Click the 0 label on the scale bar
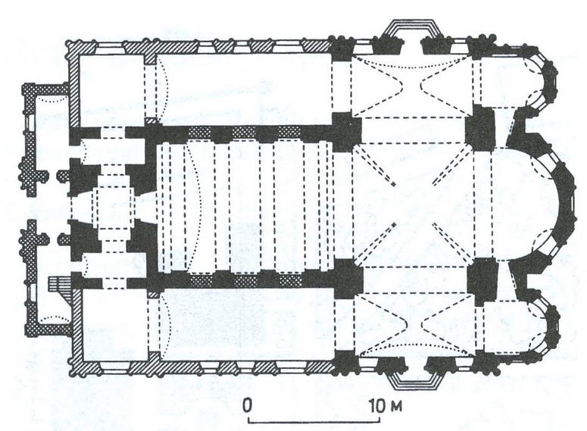pyautogui.click(x=247, y=406)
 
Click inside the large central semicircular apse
pyautogui.click(x=524, y=202)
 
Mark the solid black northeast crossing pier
pyautogui.click(x=480, y=126)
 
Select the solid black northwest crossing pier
pyautogui.click(x=347, y=131)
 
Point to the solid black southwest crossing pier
pyautogui.click(x=348, y=279)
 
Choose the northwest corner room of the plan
pyautogui.click(x=111, y=90)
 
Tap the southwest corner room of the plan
pyautogui.click(x=115, y=324)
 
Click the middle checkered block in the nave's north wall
pyautogui.click(x=244, y=132)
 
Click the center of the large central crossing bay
pyautogui.click(x=414, y=203)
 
